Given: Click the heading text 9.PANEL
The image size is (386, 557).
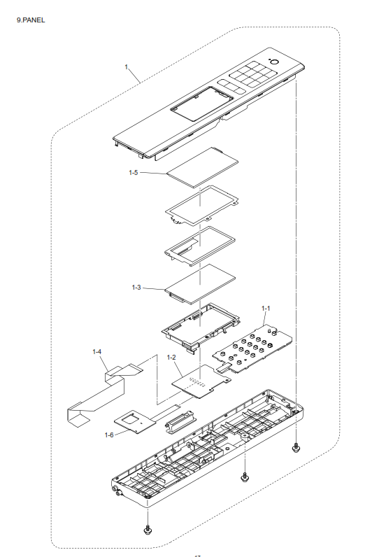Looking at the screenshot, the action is (31, 20).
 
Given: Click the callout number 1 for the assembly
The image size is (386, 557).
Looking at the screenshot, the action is (126, 66).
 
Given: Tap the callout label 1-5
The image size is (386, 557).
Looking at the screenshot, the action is (133, 173).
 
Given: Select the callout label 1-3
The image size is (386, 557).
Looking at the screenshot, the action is (136, 288).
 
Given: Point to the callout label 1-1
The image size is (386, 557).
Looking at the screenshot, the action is (266, 309).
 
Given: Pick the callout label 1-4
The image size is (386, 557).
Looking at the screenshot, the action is (97, 352).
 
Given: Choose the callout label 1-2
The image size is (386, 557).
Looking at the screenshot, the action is (171, 358).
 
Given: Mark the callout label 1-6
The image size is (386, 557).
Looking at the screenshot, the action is (109, 435).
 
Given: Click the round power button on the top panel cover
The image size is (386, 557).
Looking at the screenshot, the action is (274, 63).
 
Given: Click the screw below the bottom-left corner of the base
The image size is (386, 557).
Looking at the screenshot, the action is (148, 530).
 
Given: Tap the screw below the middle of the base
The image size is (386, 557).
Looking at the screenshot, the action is (244, 477).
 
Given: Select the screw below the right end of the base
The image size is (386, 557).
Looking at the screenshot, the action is (296, 448).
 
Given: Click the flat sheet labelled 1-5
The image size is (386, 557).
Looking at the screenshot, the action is (202, 167).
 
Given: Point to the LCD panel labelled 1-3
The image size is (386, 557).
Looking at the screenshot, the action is (200, 284).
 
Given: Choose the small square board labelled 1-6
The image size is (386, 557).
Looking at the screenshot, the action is (135, 422).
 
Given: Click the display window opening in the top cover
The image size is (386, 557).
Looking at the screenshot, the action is (201, 104).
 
